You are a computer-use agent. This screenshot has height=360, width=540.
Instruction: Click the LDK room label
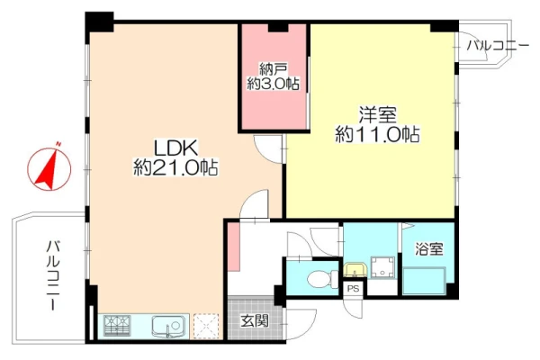click(176, 148)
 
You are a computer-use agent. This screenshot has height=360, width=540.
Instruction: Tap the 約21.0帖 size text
click(175, 167)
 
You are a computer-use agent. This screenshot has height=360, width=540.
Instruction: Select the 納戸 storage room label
click(273, 69)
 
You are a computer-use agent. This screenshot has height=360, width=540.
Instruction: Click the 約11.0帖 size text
click(377, 134)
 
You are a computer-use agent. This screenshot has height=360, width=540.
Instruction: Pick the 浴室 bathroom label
click(428, 248)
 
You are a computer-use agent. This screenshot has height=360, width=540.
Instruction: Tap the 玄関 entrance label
click(255, 321)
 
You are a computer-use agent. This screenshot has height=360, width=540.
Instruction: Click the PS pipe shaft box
click(353, 289)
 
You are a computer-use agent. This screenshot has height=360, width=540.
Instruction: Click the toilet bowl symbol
click(323, 279)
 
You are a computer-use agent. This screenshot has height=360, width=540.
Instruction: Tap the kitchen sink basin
click(167, 326)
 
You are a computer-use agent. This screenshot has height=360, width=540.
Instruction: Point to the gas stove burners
click(117, 326)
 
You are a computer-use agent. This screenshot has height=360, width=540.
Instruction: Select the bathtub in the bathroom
click(425, 281)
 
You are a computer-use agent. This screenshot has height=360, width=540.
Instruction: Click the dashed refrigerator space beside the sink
click(206, 326)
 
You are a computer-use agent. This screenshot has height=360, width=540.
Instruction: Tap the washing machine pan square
click(382, 267)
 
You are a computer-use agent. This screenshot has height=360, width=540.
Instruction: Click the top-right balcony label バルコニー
click(498, 46)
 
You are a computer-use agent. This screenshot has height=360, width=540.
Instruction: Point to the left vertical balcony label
click(53, 275)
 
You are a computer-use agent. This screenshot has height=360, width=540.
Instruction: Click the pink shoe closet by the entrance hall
click(233, 247)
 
